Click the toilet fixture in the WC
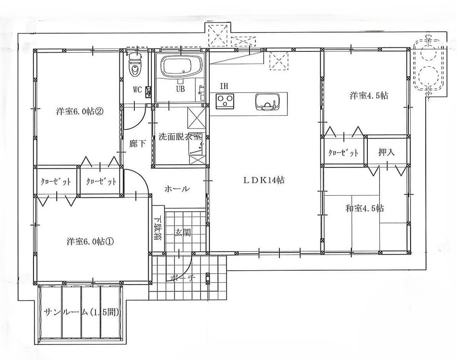135,65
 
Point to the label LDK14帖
264,180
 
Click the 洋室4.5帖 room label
369,96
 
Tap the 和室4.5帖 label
364,208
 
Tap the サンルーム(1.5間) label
82,313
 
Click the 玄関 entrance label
183,232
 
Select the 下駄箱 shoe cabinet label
158,227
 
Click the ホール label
177,189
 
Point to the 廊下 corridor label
137,143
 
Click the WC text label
137,90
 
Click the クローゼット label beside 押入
343,153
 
